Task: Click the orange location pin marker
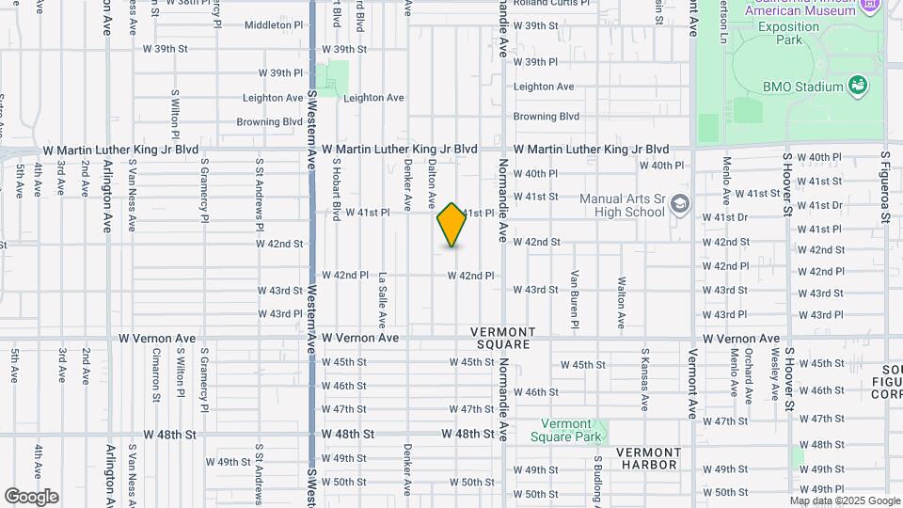452,225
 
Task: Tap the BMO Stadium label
802,87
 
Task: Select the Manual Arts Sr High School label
622,205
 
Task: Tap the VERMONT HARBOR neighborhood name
648,458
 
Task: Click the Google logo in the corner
31,496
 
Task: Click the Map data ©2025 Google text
846,500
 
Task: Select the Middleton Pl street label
274,25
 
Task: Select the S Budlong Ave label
597,480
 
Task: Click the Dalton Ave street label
433,183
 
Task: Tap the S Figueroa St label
885,188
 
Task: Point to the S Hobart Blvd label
336,189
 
